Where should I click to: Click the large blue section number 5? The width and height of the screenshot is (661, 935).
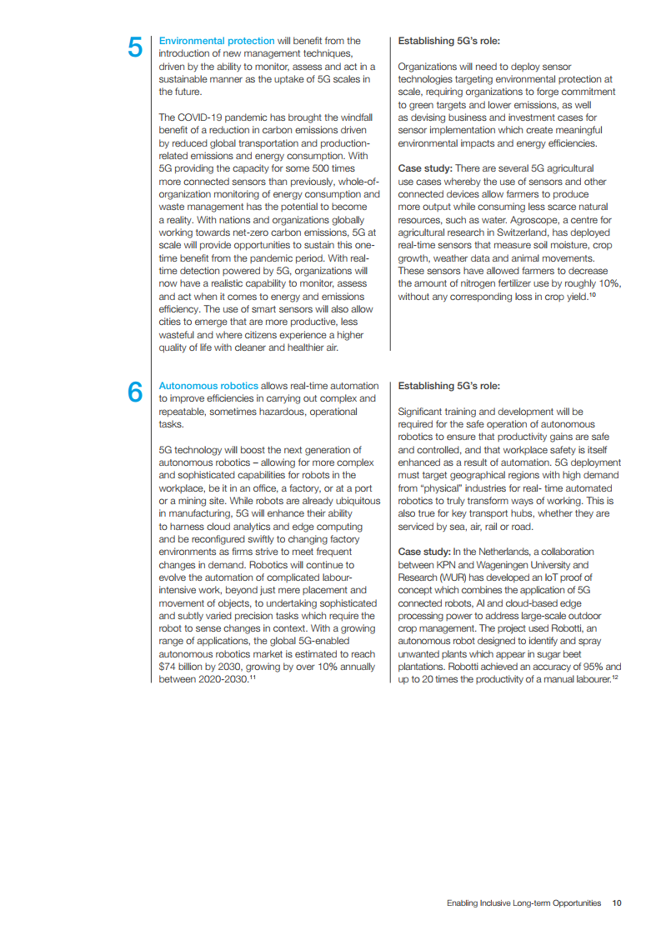[134, 47]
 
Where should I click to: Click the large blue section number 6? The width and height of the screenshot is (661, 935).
[134, 392]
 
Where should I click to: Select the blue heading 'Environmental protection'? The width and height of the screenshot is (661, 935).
[217, 41]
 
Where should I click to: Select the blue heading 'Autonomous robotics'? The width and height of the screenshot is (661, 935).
[208, 386]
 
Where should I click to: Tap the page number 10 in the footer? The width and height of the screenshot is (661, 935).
[617, 902]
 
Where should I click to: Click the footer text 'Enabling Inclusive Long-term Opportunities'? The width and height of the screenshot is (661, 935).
[523, 902]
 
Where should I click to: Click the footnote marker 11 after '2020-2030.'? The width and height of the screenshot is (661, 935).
[253, 678]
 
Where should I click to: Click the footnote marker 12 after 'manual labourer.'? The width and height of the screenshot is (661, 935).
[614, 678]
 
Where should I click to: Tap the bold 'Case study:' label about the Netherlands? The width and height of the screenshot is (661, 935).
[424, 552]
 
